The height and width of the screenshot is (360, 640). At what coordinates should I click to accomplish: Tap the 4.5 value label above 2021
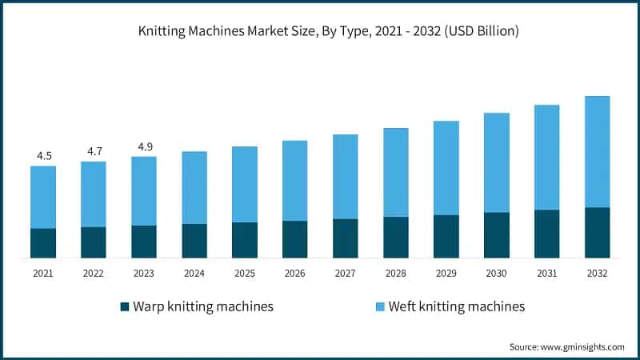pyautogui.click(x=43, y=155)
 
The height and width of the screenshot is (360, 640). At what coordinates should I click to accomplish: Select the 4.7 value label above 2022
pyautogui.click(x=94, y=150)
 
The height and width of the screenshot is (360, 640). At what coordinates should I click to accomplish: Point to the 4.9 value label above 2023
pyautogui.click(x=144, y=146)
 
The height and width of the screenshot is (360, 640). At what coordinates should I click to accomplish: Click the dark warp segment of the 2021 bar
pyautogui.click(x=43, y=243)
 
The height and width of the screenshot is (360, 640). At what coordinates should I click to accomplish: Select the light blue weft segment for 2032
pyautogui.click(x=597, y=152)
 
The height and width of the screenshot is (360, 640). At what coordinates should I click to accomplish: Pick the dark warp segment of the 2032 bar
pyautogui.click(x=597, y=233)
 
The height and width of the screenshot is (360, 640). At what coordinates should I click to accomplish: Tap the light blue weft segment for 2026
pyautogui.click(x=295, y=181)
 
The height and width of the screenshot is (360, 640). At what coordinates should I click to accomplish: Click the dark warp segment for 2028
pyautogui.click(x=396, y=237)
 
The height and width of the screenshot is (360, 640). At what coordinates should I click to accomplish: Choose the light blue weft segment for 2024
pyautogui.click(x=194, y=188)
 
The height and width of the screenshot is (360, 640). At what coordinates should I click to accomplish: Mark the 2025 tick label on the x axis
pyautogui.click(x=245, y=274)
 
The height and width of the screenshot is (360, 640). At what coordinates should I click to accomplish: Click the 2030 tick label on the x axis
pyautogui.click(x=496, y=274)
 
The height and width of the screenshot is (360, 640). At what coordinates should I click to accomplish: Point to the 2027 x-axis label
pyautogui.click(x=346, y=274)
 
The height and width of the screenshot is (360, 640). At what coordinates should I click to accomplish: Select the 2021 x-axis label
pyautogui.click(x=43, y=274)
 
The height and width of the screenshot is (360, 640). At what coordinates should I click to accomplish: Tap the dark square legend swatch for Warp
pyautogui.click(x=124, y=306)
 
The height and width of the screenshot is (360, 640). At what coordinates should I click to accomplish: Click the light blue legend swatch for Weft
pyautogui.click(x=380, y=306)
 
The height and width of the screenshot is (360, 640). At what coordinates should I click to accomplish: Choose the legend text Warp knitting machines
pyautogui.click(x=203, y=306)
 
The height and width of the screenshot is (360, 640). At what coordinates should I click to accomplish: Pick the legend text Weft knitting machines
pyautogui.click(x=456, y=306)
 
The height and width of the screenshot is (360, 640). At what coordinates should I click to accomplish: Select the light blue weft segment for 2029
pyautogui.click(x=446, y=168)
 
